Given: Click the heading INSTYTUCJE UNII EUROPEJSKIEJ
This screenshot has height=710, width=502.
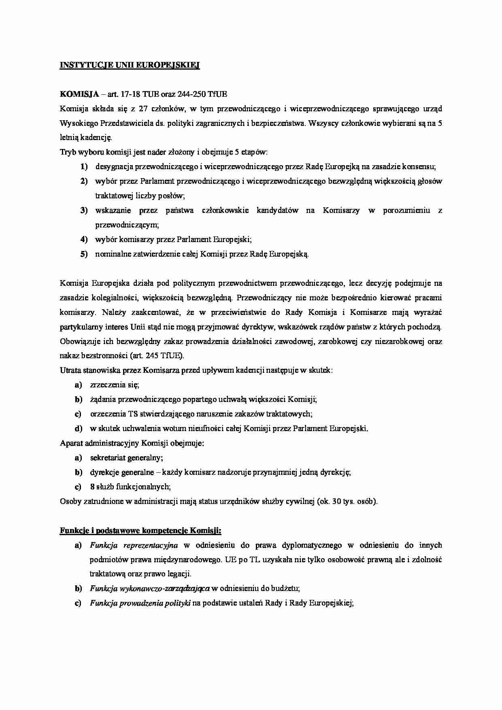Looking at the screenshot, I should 130,65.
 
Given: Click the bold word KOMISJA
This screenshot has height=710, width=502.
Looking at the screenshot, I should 79,94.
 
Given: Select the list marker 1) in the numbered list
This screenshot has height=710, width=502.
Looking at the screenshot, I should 84,167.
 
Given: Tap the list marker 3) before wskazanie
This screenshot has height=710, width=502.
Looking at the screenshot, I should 84,210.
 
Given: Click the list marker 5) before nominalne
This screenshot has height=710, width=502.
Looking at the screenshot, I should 84,254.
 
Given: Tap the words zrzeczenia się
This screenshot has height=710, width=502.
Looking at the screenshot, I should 115,385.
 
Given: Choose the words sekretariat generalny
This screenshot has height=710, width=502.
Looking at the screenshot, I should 126,458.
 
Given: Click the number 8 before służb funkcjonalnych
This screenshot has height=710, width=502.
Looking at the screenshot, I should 92,487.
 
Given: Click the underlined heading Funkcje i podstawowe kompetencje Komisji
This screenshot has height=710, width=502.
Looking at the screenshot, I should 140,530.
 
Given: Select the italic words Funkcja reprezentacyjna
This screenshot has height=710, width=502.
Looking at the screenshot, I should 128,545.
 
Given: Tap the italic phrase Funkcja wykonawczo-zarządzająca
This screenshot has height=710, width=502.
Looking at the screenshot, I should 149,589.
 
